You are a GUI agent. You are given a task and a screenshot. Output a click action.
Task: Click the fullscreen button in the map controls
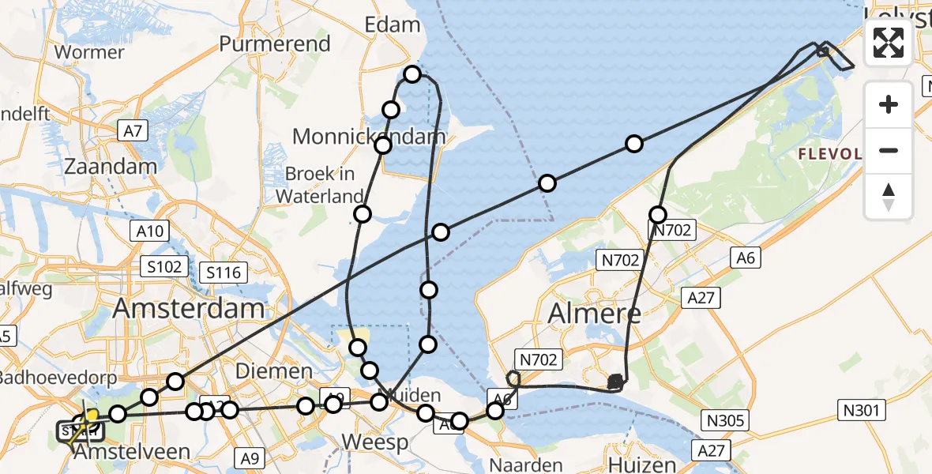[889, 43]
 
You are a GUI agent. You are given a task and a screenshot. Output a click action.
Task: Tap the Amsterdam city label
[189, 309]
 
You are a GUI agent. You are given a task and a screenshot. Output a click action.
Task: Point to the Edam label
[392, 24]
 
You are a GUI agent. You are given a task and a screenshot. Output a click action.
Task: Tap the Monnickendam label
[369, 137]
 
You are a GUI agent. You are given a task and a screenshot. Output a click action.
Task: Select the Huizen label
[643, 465]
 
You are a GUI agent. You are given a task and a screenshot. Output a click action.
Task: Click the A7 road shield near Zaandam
[132, 131]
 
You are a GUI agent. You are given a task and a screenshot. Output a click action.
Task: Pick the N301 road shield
[862, 410]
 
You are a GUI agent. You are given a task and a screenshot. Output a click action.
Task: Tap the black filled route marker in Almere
[615, 383]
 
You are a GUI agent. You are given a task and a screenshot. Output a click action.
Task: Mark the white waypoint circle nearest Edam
[412, 75]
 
